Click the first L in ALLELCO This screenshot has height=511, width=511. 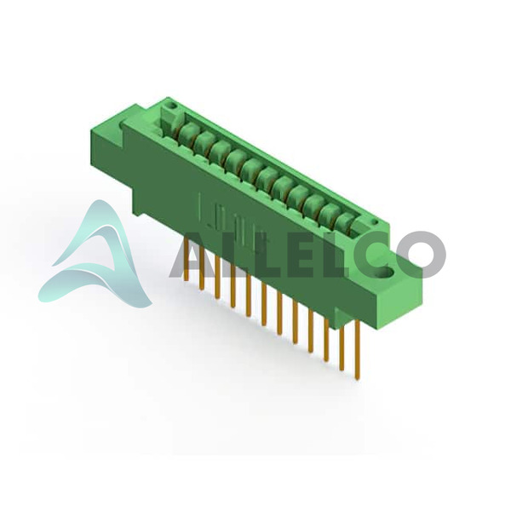click(228, 255)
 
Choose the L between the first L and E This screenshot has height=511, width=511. click(257, 255)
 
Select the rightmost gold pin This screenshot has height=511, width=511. click(358, 349)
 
